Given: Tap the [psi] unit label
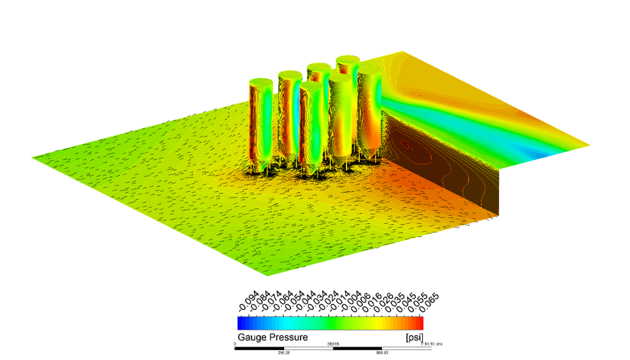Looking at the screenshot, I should coord(413,337).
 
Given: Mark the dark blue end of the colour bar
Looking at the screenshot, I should coord(241,323).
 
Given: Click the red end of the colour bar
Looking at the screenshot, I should coord(420,323).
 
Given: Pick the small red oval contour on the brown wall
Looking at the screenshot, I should coord(406,145).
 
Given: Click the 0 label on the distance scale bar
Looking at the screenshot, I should coord(235,344).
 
